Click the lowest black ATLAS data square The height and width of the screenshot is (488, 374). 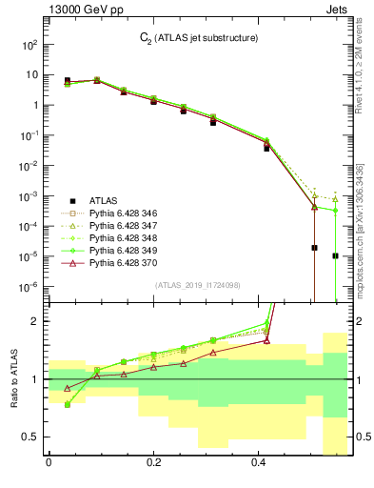(336, 255)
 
